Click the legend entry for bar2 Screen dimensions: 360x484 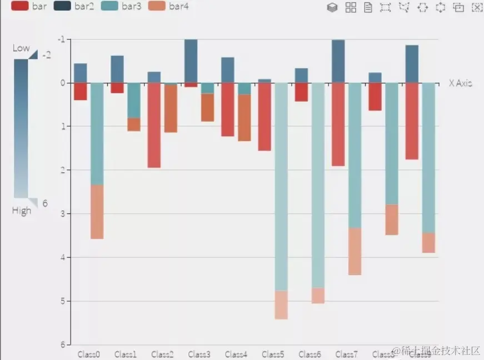click(x=74, y=7)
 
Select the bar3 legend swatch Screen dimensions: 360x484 click(x=111, y=7)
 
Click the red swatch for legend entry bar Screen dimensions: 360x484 click(x=20, y=7)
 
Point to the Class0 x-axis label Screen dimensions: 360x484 click(x=89, y=354)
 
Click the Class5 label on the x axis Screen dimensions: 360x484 click(x=273, y=354)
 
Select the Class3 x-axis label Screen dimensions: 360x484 click(x=199, y=354)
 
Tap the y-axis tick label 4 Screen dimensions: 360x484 click(x=63, y=257)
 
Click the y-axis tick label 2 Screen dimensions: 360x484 click(x=63, y=170)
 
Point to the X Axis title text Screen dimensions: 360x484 click(x=461, y=83)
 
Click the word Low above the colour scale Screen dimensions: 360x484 click(x=21, y=48)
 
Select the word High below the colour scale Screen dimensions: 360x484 click(x=22, y=211)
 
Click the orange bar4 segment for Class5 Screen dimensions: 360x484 click(x=281, y=304)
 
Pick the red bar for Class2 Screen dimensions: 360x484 click(x=154, y=125)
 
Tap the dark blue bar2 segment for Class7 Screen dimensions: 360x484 click(x=338, y=61)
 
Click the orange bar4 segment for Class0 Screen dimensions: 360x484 click(x=97, y=212)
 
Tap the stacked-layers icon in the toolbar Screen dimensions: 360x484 click(x=332, y=7)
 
